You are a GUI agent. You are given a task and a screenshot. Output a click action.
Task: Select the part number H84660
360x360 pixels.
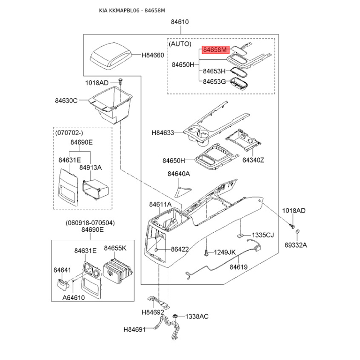coord(153,55)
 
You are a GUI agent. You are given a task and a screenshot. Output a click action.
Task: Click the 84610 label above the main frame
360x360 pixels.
coord(180,22)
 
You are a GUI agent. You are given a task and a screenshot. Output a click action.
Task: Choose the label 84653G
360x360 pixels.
coord(214,81)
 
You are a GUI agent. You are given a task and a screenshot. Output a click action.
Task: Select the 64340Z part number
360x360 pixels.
coord(253,160)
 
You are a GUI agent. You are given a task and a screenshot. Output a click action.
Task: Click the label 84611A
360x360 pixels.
coord(161,204)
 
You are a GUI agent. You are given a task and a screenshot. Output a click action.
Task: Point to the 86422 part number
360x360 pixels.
coord(180,249)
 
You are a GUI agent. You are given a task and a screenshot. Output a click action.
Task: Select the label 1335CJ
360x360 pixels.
coord(262,235)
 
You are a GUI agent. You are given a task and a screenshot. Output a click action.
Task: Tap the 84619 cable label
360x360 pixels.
coord(238,266)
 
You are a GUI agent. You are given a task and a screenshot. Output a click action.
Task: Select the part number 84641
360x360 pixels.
coord(63,270)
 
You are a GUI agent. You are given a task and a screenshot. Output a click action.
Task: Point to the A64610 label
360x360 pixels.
coord(73,297)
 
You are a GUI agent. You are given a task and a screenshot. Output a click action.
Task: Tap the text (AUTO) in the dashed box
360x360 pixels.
coord(180,45)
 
